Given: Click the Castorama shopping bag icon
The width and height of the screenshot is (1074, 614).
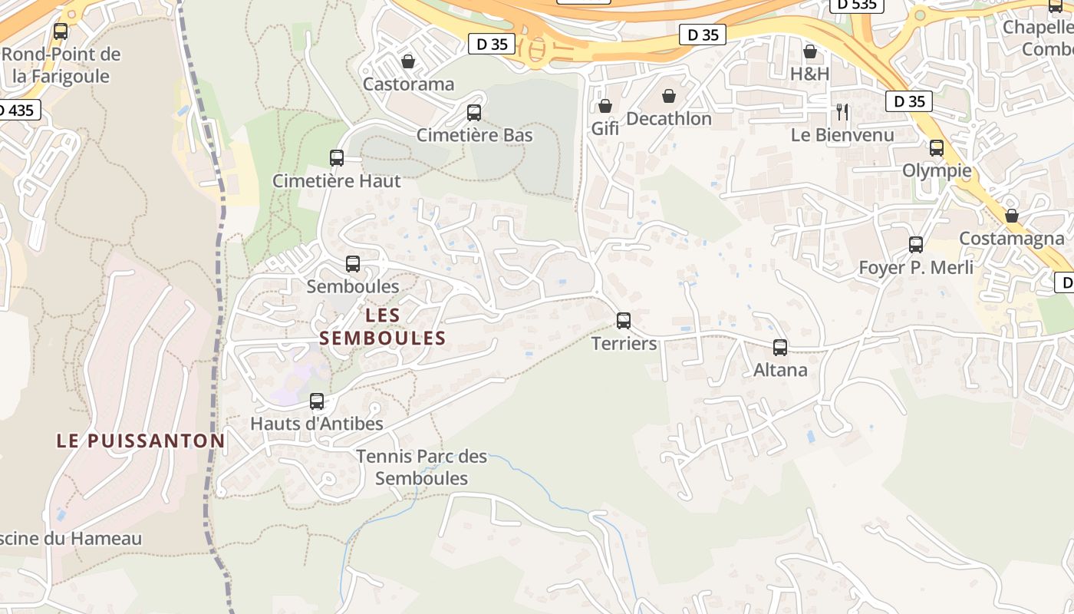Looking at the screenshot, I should click(x=408, y=61).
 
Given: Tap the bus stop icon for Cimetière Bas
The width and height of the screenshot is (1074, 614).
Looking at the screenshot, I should click(x=474, y=113).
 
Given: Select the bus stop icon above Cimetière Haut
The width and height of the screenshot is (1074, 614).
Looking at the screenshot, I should click(x=336, y=158).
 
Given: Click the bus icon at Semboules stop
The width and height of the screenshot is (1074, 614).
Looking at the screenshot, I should click(x=353, y=264).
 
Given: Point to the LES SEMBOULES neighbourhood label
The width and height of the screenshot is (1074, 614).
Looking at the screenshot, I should click(x=383, y=326).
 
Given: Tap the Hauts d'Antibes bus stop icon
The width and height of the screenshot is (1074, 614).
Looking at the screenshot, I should click(x=316, y=401).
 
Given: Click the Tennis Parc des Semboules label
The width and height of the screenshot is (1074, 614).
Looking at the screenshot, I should click(x=422, y=467).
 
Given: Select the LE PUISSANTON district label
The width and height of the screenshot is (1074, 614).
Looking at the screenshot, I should click(x=140, y=441).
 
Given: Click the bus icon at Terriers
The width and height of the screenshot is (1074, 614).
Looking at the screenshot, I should click(x=624, y=320).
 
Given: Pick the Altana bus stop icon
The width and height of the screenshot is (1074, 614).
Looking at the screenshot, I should click(x=780, y=347).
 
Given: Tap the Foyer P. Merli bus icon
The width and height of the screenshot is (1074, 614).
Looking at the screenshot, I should click(x=916, y=245).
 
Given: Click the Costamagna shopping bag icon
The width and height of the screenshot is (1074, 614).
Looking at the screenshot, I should click(x=1012, y=216).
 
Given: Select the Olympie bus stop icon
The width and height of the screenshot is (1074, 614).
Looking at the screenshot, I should click(x=937, y=148).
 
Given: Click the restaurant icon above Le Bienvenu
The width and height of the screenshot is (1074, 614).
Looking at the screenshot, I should click(x=842, y=112).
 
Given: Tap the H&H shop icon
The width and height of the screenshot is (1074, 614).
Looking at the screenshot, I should click(x=810, y=51).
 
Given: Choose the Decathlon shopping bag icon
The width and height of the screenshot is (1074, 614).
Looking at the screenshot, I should click(x=669, y=96).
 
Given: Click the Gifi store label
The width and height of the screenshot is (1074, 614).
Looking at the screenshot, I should click(x=605, y=128).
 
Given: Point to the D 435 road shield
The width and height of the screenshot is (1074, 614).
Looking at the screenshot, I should click(x=17, y=110).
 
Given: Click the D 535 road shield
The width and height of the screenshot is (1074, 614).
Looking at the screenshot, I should click(x=857, y=4).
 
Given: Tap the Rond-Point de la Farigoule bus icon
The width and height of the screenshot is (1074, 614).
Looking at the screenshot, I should click(x=61, y=31).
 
